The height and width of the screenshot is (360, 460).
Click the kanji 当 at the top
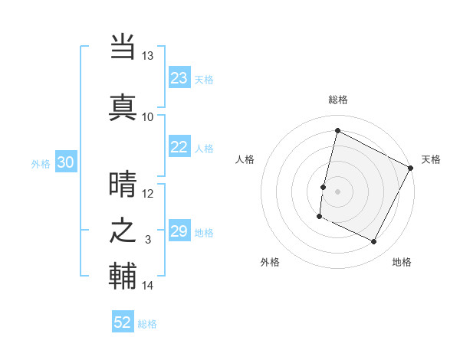click(123, 47)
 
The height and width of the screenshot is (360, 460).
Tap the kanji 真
click(123, 107)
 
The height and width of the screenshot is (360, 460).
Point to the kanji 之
click(123, 231)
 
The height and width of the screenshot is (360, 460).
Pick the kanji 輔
click(123, 276)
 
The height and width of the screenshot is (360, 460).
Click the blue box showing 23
click(179, 78)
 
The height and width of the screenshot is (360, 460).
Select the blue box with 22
click(179, 147)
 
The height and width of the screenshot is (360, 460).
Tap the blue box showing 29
click(179, 231)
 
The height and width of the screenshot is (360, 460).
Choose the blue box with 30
click(66, 162)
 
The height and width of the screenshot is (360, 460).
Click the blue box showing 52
click(123, 322)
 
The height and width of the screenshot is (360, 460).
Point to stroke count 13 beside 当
click(147, 56)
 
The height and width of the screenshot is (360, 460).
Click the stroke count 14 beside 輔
click(147, 286)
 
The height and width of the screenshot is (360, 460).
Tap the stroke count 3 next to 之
click(148, 240)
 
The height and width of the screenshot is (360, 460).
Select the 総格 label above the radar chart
click(338, 100)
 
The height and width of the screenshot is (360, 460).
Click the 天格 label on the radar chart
click(431, 159)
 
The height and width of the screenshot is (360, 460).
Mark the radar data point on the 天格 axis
click(411, 168)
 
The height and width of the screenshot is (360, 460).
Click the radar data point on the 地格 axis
click(374, 242)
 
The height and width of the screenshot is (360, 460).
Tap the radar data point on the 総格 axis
click(337, 130)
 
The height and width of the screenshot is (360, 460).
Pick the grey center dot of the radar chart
click(337, 191)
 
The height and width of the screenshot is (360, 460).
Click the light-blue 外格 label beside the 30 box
click(41, 163)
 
